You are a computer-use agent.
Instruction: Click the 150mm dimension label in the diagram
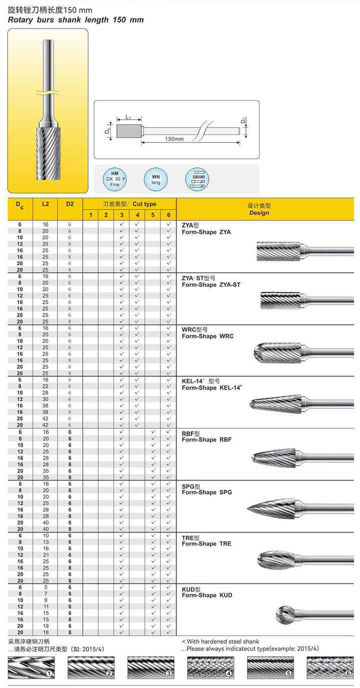(x=174, y=139)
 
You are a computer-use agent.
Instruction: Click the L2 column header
(x=45, y=204)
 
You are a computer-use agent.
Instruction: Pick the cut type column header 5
(x=153, y=215)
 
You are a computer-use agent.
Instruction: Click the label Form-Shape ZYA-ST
(x=211, y=284)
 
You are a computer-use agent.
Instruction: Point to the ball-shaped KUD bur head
(x=286, y=614)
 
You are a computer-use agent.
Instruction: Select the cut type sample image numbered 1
(x=29, y=667)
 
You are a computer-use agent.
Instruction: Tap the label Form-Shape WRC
(x=207, y=336)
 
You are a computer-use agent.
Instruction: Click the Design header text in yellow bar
(x=259, y=213)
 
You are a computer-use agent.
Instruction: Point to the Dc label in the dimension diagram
(x=107, y=131)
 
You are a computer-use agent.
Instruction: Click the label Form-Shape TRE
(x=206, y=544)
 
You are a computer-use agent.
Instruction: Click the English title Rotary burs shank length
(x=75, y=20)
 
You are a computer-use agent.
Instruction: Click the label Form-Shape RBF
(x=206, y=440)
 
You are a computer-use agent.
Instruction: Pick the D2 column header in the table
(x=69, y=204)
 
